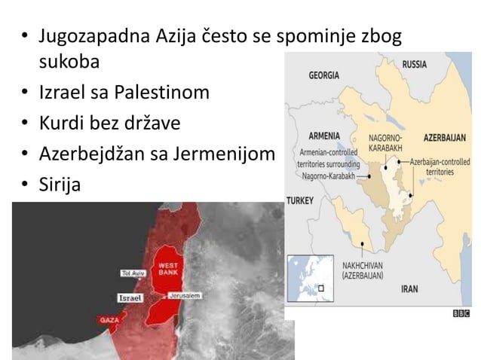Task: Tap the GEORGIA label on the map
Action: tap(323, 75)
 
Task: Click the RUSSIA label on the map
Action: tap(414, 65)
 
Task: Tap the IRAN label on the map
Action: tap(409, 288)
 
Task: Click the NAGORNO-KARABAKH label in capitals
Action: tap(384, 144)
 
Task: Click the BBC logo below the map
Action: tap(461, 313)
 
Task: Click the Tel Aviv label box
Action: tap(131, 272)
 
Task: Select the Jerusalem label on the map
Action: tap(185, 296)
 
